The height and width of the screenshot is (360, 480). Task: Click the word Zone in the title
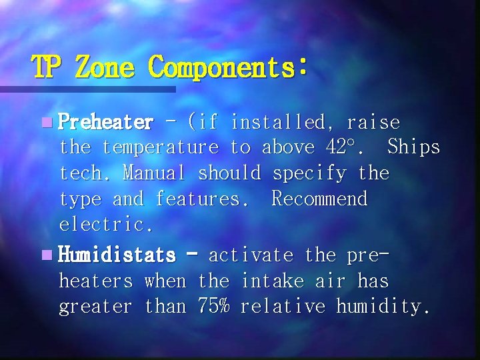pos(105,67)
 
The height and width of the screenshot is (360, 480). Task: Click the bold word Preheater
pos(106,123)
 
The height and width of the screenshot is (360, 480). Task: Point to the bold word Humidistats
pos(117,255)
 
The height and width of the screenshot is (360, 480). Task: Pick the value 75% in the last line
pos(213,307)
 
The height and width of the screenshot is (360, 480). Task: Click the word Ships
pos(413,147)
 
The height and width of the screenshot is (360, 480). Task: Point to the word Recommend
pos(319,199)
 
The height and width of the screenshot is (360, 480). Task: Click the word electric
pos(106,225)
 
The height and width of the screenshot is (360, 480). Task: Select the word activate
pos(251,255)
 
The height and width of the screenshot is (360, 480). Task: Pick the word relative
pos(283,307)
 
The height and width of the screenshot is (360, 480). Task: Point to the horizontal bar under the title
pos(87,89)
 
